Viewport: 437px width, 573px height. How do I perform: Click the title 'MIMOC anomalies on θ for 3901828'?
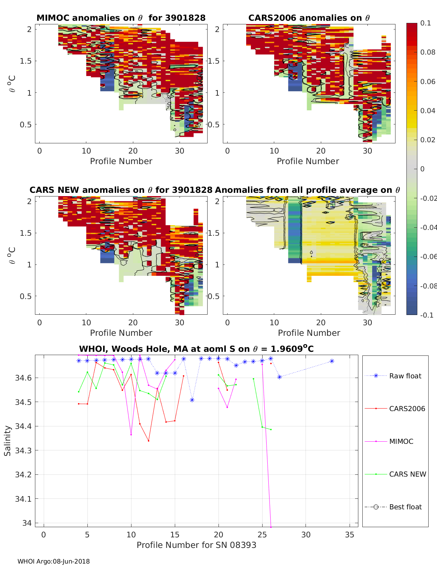[121, 18]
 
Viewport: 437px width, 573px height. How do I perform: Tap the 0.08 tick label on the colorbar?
[428, 52]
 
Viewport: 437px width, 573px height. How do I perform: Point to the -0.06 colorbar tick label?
[428, 256]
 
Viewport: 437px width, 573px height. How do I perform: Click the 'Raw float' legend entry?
[405, 376]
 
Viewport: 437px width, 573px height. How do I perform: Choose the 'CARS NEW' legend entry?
[407, 474]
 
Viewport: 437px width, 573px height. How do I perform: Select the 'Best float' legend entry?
[405, 507]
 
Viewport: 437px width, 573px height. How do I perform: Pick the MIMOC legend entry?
[401, 441]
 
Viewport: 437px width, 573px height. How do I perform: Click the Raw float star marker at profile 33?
[332, 361]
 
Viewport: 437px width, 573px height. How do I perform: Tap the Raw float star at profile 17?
[192, 400]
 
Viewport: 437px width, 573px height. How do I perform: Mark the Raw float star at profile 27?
[279, 377]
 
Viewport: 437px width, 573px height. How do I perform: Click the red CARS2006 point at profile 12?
[149, 441]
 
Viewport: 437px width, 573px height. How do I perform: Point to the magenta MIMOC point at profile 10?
[131, 435]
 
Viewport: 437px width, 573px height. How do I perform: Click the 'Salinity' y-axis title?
[8, 441]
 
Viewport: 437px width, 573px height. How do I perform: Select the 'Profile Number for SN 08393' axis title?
[196, 545]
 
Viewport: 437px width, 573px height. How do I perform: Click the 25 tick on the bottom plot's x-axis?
[262, 534]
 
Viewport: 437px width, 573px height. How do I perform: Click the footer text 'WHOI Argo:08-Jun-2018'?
[54, 561]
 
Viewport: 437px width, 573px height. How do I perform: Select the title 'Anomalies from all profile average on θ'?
[307, 190]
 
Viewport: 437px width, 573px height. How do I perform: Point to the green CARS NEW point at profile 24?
[253, 379]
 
